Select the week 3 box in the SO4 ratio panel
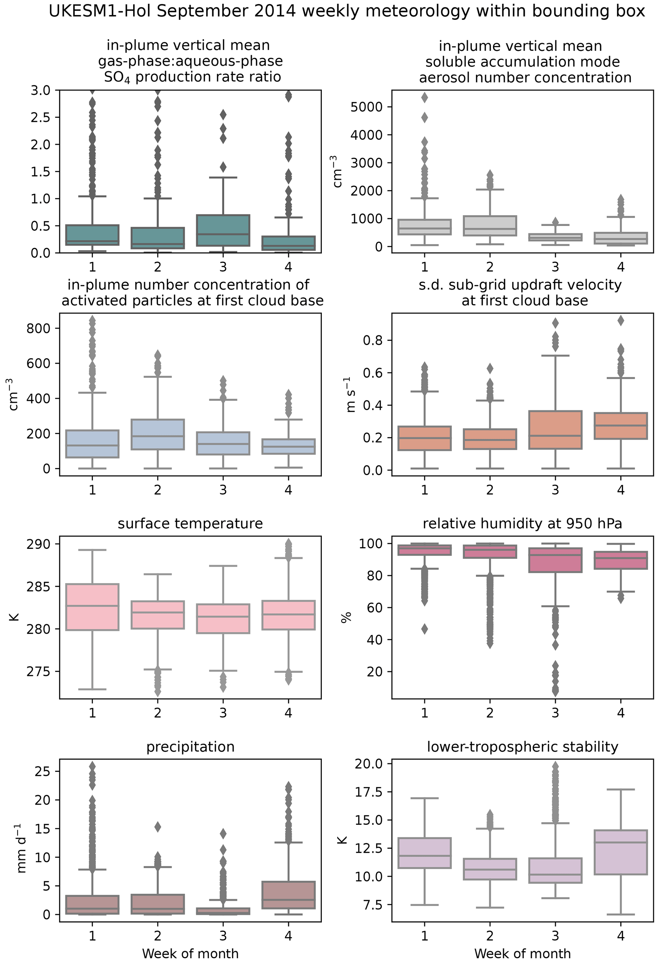[x=223, y=230]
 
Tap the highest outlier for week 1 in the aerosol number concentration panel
[x=424, y=98]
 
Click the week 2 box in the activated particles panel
[x=157, y=434]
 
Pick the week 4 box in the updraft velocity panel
[x=620, y=426]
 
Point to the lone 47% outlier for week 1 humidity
[x=424, y=629]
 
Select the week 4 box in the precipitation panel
[x=288, y=895]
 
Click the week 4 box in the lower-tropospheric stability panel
[x=620, y=852]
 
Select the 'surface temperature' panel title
[x=190, y=524]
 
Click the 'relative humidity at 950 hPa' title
[x=522, y=524]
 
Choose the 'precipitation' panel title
[x=190, y=746]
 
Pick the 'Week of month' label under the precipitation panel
[x=190, y=954]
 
